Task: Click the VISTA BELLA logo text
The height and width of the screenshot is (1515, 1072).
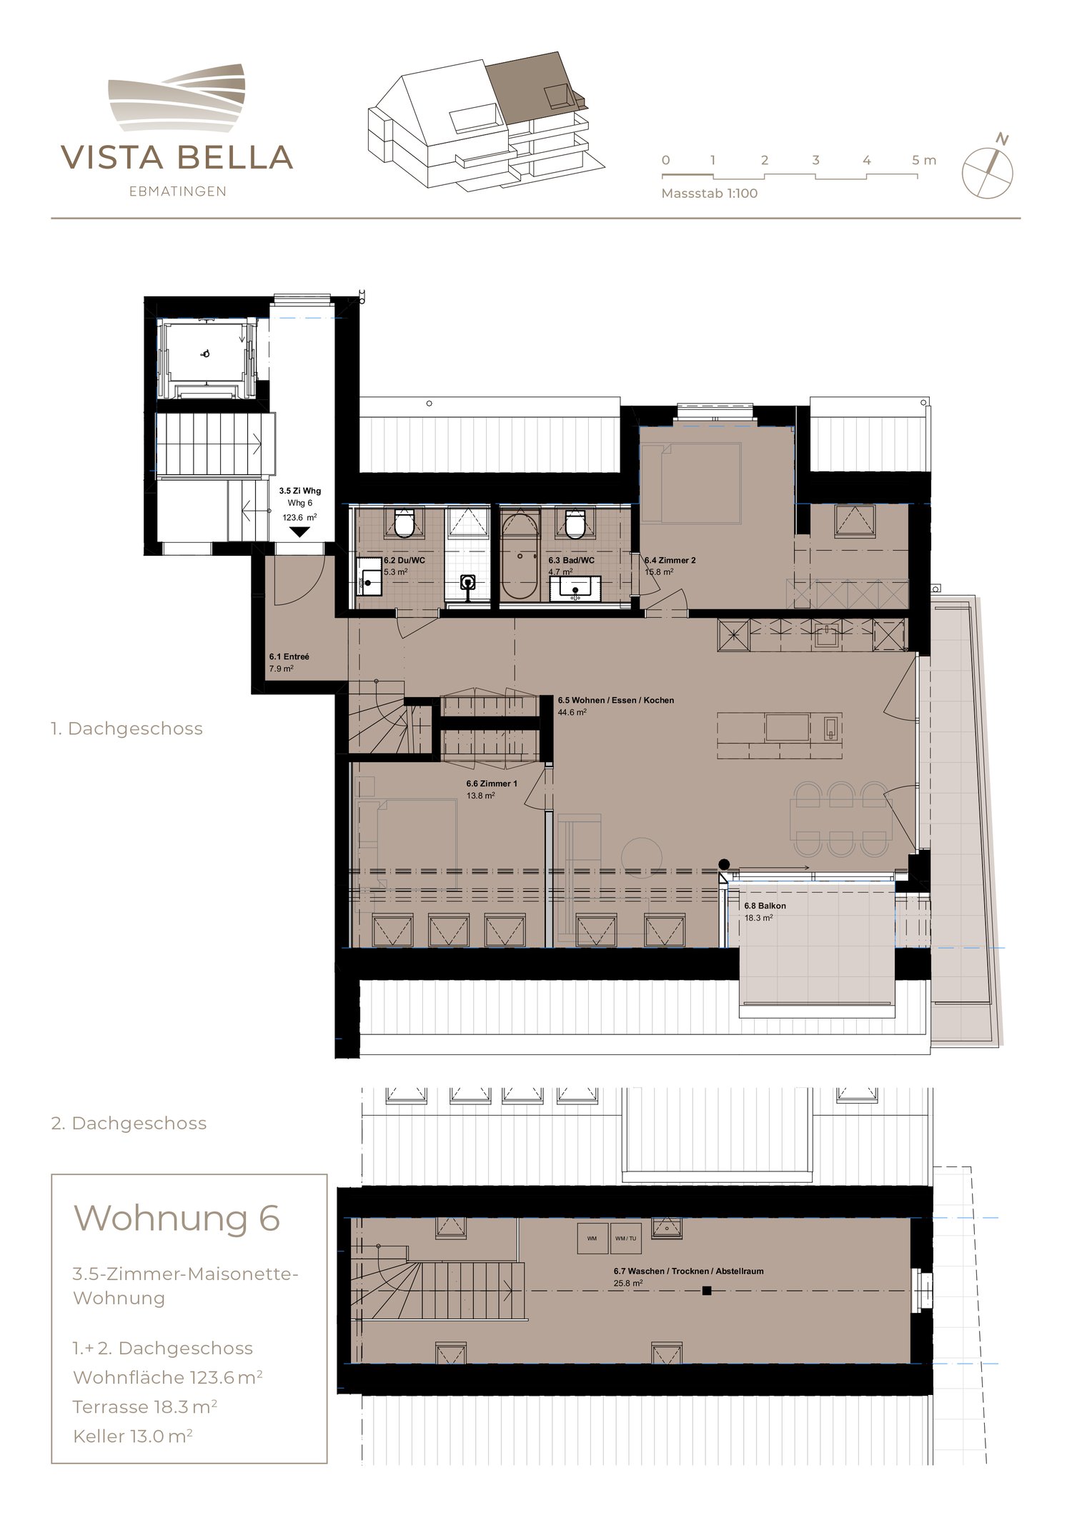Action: pos(177,158)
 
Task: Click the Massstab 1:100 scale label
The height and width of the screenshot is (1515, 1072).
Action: pos(709,194)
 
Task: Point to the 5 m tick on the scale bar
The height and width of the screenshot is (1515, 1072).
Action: pos(923,161)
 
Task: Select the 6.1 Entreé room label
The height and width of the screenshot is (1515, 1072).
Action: pos(289,656)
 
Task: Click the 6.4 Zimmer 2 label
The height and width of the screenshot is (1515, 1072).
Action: pos(670,561)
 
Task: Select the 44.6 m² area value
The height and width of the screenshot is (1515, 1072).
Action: pos(572,712)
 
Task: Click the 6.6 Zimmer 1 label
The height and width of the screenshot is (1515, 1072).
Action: pos(492,784)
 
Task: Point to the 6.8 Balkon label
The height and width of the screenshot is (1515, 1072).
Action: pos(765,906)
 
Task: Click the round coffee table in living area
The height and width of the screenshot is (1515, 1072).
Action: pos(641,856)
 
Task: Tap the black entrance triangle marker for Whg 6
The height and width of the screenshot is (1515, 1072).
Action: pos(299,532)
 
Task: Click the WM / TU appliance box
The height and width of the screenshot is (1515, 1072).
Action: pos(625,1239)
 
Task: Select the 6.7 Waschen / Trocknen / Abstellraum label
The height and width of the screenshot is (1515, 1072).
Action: pos(688,1271)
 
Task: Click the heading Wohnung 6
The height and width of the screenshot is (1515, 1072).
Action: pos(177,1218)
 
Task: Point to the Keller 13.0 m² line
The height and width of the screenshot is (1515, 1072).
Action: pos(132,1436)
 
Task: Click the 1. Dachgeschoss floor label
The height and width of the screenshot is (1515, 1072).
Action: pos(127,729)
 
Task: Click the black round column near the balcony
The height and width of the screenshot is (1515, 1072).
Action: pos(724,864)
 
